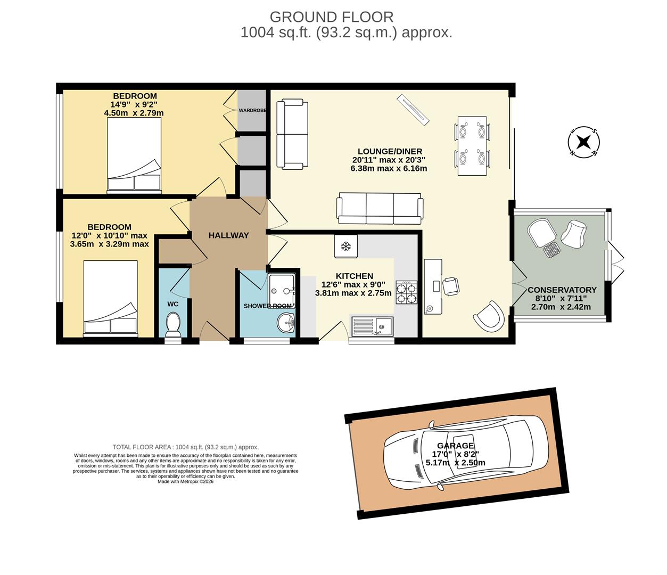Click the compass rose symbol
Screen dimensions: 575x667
(584, 142)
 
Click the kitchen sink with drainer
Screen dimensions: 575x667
(372, 326)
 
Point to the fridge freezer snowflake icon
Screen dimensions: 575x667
(345, 247)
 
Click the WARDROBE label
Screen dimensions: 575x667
(252, 110)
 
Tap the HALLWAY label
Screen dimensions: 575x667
(228, 235)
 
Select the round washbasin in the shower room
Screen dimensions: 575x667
(286, 321)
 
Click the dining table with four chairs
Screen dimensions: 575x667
(472, 145)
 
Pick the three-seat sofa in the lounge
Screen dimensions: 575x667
(380, 208)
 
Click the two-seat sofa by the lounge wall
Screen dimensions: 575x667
(292, 134)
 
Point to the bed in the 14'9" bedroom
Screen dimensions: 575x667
(134, 154)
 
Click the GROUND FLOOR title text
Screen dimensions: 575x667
(331, 17)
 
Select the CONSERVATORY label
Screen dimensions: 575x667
(562, 290)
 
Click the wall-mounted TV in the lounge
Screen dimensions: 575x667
(413, 110)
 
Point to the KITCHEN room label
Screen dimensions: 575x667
(354, 276)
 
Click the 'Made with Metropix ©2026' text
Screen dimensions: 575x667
(185, 481)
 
